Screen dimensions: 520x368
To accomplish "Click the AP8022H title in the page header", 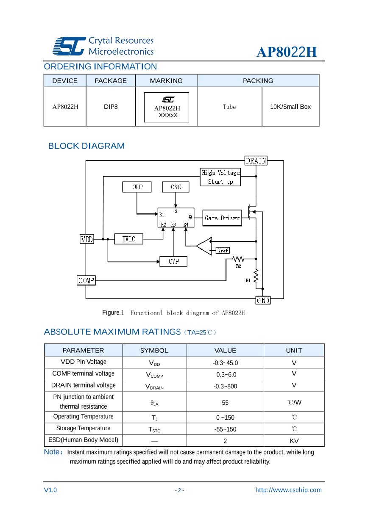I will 287,52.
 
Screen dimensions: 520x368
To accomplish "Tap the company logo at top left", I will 68,46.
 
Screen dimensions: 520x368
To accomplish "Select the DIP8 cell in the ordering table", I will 111,107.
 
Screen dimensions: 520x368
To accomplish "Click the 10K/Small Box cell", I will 290,107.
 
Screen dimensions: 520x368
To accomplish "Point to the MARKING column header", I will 166,80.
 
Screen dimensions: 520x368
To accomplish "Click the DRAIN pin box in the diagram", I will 256,160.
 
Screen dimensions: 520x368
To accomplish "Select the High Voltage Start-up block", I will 220,177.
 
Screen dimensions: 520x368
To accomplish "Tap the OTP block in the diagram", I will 137,187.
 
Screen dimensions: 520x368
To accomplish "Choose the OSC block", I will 176,187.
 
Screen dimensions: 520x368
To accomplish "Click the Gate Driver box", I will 222,218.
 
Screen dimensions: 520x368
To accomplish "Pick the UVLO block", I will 129,239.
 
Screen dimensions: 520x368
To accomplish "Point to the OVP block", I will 173,261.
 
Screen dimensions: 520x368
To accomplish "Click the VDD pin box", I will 86,239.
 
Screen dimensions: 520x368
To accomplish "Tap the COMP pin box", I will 86,280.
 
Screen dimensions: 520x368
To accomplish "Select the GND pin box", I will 263,300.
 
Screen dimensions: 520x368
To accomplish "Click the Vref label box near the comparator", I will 223,250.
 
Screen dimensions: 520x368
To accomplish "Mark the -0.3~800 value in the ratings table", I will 225,386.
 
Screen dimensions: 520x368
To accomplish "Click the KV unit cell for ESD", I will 294,441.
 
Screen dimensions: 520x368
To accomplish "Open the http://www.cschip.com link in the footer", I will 288,490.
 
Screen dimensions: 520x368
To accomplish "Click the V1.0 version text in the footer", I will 50,490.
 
